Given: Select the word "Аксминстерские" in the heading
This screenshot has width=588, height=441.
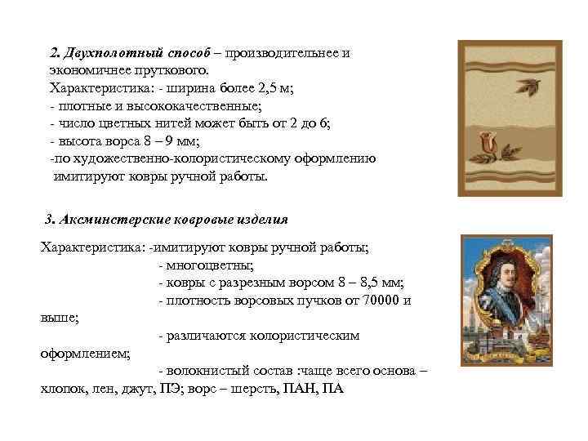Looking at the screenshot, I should point(109,220).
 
